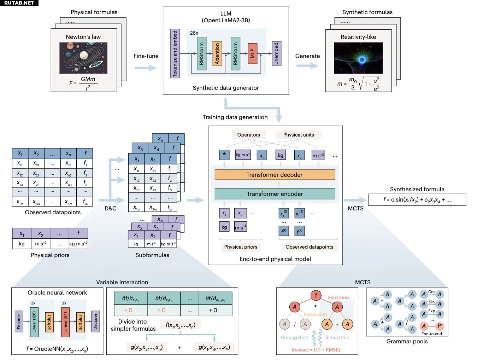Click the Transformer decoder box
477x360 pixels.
(275, 175)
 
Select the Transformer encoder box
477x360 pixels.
(275, 194)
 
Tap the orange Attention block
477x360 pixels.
(217, 53)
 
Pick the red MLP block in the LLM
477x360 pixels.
(252, 53)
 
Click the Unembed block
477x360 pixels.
(276, 53)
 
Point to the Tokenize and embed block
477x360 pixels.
(175, 53)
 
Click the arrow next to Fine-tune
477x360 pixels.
(146, 68)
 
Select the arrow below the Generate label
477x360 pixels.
(307, 66)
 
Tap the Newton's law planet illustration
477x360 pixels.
(83, 58)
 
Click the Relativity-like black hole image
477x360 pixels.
(358, 58)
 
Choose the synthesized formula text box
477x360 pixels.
(417, 200)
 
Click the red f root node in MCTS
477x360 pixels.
(316, 295)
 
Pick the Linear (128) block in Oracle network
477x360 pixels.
(34, 321)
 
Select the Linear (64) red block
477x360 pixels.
(65, 321)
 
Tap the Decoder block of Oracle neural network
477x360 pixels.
(95, 321)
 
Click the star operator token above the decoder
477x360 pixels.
(224, 155)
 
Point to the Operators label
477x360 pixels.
(248, 135)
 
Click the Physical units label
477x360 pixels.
(298, 135)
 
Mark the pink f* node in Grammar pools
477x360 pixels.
(439, 326)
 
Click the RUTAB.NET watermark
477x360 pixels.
(19, 3)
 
